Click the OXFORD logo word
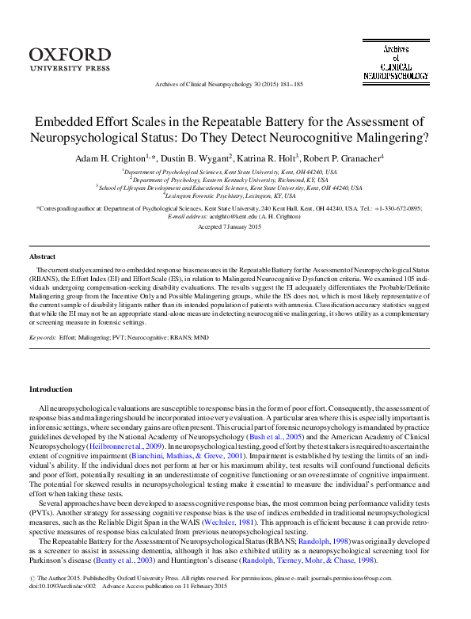click(70, 54)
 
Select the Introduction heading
click(51, 389)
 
